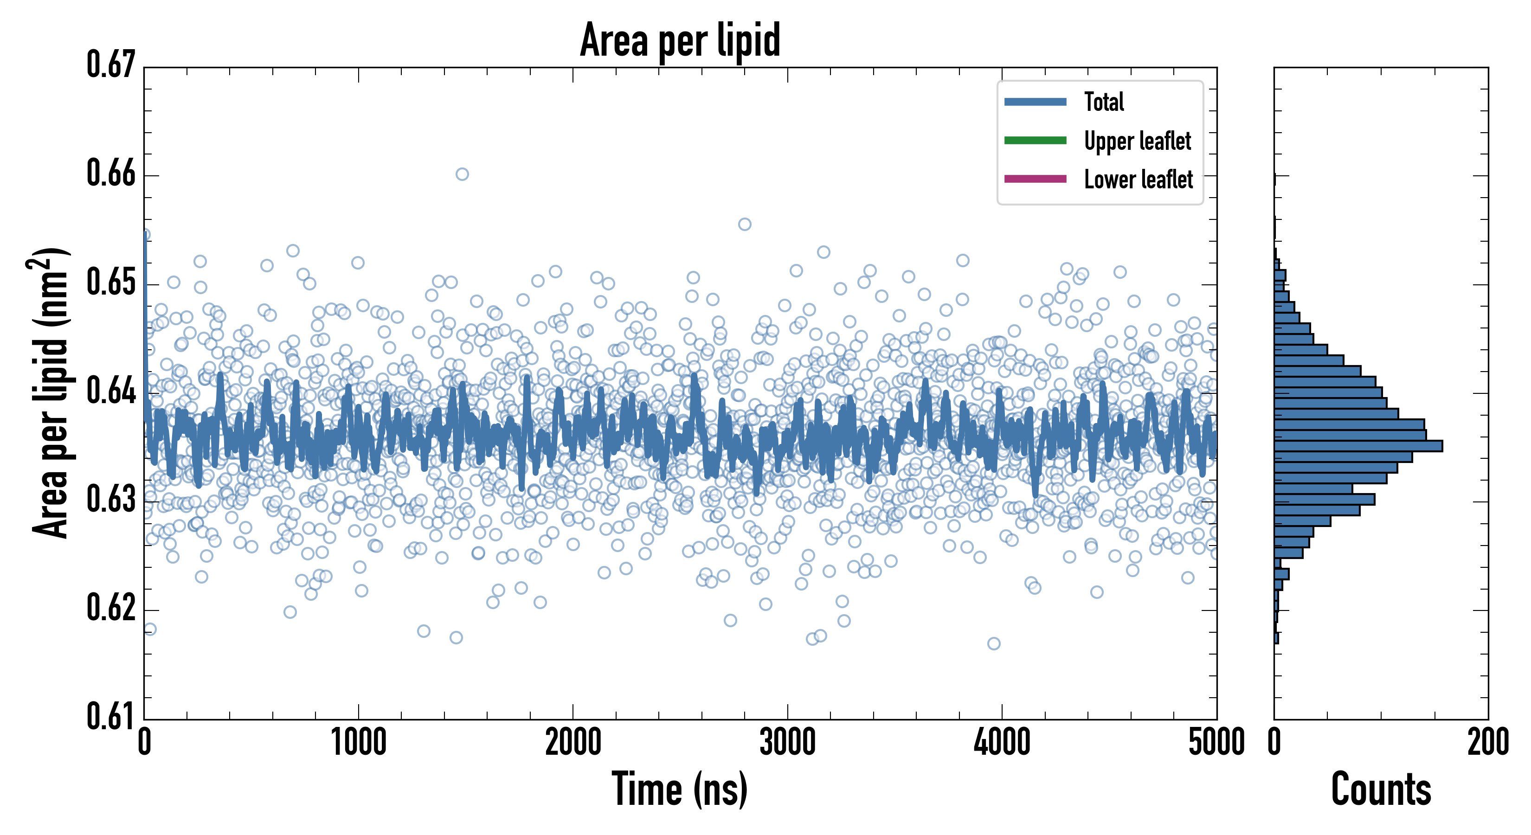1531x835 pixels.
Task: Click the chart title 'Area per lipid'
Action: (x=680, y=40)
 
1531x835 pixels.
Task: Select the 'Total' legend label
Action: (x=1104, y=102)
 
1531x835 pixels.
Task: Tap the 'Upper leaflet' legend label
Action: (x=1137, y=141)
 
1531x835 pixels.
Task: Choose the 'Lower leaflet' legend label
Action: (x=1138, y=180)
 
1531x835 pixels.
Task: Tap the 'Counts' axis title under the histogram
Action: (x=1381, y=789)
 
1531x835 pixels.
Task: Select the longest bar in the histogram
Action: (x=1358, y=446)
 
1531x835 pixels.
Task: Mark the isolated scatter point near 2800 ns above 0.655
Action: (x=744, y=224)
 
